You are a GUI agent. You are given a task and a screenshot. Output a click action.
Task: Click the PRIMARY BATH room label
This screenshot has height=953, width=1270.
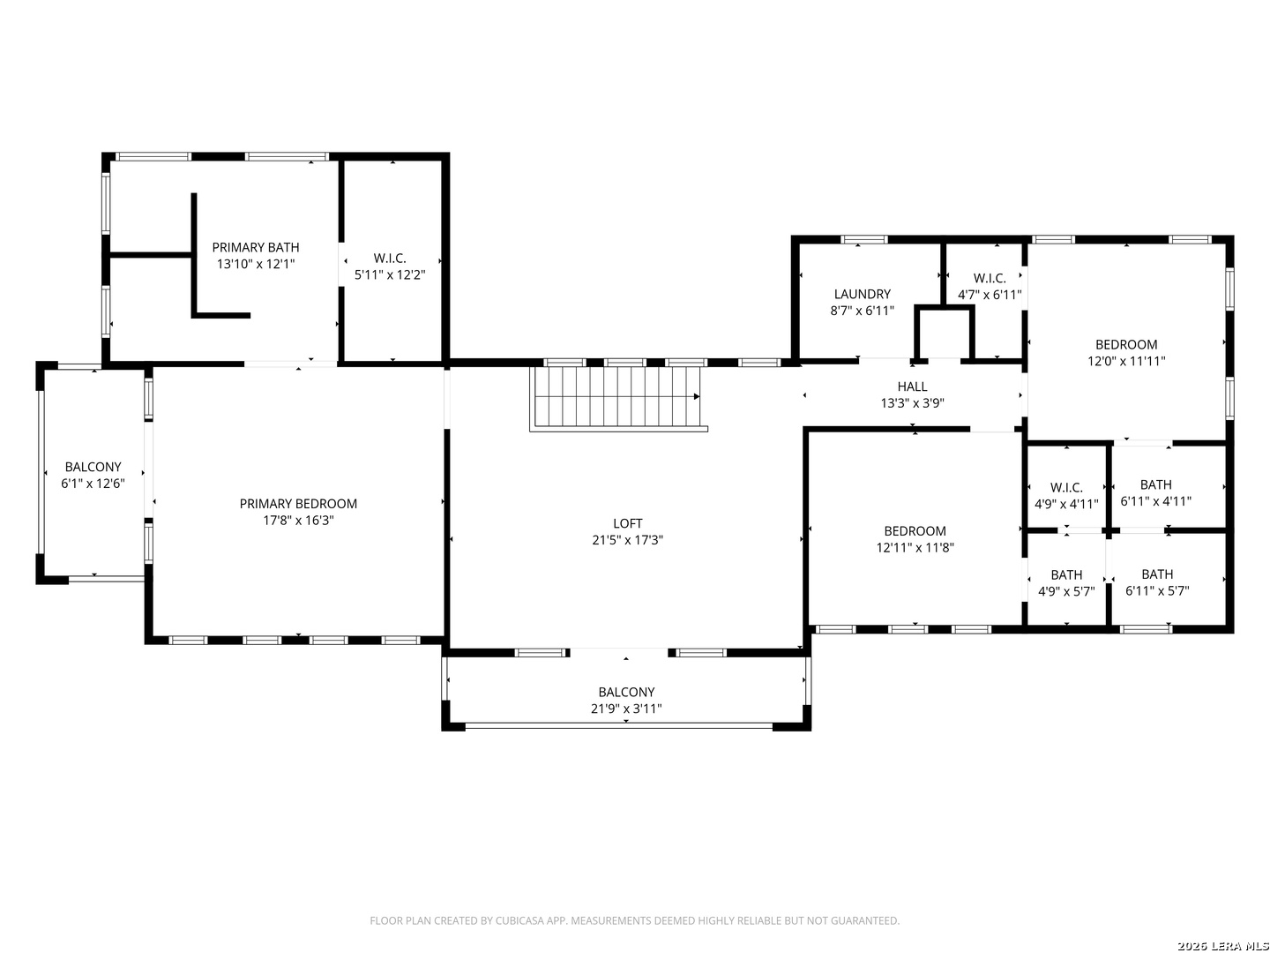255,247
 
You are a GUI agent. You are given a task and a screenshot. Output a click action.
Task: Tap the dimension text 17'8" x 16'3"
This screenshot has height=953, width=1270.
298,521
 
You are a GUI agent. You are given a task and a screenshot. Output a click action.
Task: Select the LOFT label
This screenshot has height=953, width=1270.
627,523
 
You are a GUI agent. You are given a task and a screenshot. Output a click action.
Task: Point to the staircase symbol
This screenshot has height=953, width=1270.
618,398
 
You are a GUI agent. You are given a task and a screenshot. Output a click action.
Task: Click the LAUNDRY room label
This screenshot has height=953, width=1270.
862,294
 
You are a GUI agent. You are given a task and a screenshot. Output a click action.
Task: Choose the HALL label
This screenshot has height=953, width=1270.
912,386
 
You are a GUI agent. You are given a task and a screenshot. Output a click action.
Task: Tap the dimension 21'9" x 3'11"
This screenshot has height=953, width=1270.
626,709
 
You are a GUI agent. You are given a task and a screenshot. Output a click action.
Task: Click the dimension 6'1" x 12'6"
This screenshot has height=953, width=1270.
93,484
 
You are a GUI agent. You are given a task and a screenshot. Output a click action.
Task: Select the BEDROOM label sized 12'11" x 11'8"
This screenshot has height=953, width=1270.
915,530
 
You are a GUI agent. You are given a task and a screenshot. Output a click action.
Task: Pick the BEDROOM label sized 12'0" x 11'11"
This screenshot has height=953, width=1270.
1126,344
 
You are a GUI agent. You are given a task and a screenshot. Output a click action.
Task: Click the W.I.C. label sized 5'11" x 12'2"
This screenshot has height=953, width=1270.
390,258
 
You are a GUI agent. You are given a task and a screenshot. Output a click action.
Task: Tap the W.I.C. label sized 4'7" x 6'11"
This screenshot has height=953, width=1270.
990,278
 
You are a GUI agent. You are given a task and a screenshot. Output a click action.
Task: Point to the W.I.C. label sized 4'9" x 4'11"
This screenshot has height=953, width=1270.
1066,487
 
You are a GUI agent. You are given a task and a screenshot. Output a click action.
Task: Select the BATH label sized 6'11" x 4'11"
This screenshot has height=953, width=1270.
1156,484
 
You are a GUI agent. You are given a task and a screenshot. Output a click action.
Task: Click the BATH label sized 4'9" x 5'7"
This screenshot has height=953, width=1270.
1066,574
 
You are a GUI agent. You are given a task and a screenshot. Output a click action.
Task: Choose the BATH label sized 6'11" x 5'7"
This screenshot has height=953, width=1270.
1157,574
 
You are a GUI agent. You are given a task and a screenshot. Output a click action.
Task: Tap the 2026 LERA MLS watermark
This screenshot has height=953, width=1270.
1222,945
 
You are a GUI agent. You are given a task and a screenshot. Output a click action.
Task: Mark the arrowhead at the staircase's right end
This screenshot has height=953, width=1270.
697,396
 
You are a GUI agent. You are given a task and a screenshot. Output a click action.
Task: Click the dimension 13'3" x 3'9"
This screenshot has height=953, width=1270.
912,402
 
